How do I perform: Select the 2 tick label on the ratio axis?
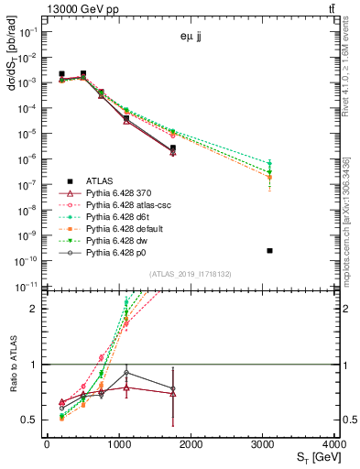coord(37,309)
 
